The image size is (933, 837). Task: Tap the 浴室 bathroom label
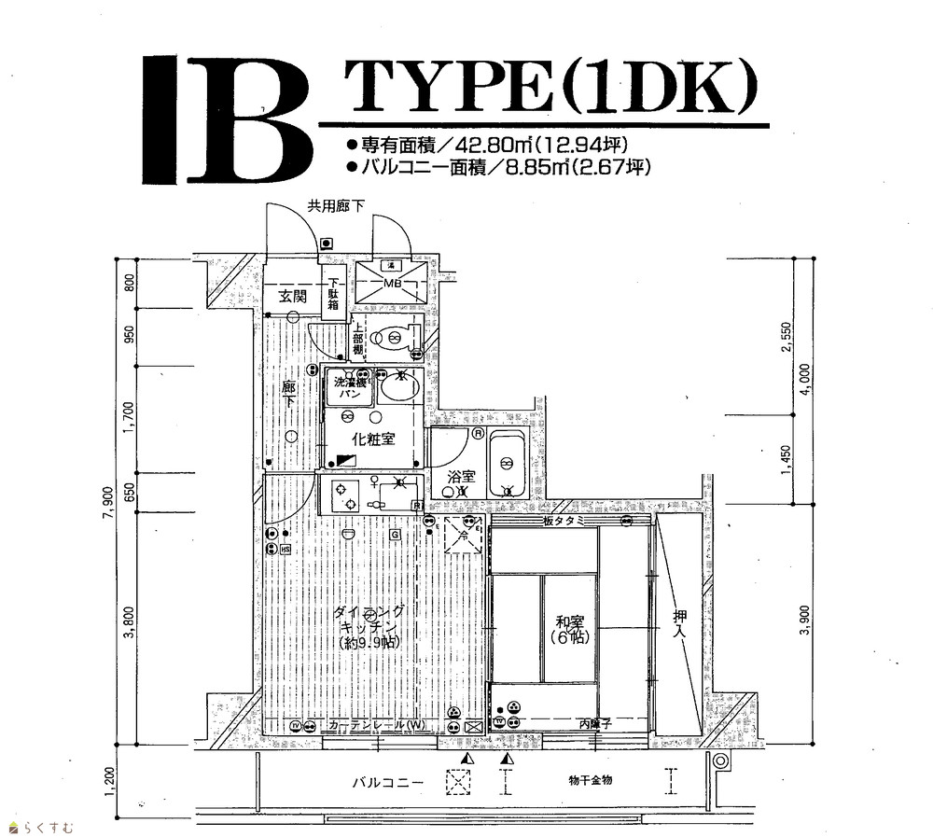click(461, 477)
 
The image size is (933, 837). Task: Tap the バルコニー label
click(388, 782)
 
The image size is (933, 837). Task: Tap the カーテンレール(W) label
click(376, 726)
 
